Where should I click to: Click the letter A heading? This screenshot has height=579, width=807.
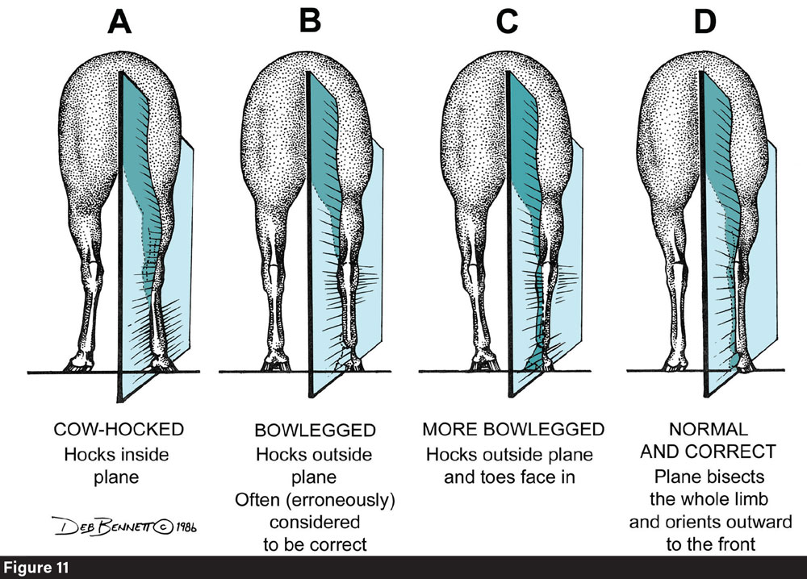pyautogui.click(x=120, y=23)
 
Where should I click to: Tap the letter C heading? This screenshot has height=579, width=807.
pyautogui.click(x=507, y=23)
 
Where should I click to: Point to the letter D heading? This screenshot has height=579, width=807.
pyautogui.click(x=705, y=23)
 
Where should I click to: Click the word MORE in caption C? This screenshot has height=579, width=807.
pyautogui.click(x=448, y=428)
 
